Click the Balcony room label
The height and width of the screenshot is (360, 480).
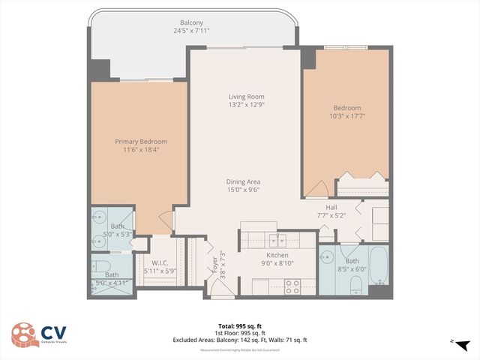[190, 22]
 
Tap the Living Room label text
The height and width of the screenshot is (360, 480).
[247, 97]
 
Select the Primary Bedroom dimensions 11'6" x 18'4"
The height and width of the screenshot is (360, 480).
[140, 149]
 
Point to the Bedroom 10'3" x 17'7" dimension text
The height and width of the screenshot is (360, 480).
[346, 116]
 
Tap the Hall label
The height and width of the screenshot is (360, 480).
[331, 207]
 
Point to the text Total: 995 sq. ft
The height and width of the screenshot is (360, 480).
[239, 325]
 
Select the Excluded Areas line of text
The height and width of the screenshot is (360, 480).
[239, 340]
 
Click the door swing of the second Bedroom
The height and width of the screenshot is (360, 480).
[315, 189]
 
